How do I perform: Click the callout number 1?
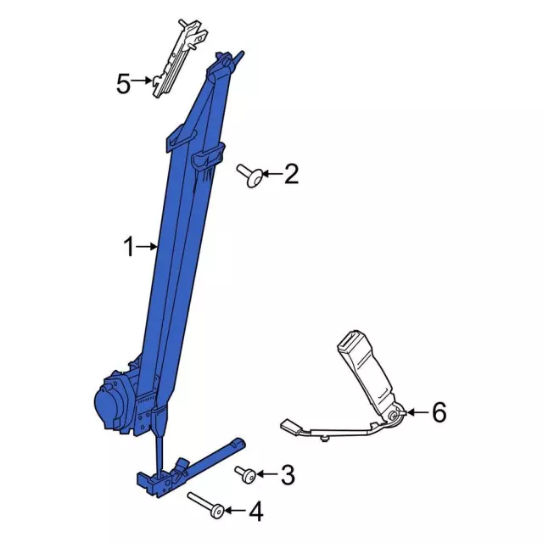pyautogui.click(x=129, y=247)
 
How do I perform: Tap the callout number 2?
pyautogui.click(x=291, y=174)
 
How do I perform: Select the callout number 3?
pyautogui.click(x=288, y=475)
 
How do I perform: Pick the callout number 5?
pyautogui.click(x=124, y=83)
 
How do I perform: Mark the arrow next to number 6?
pyautogui.click(x=416, y=412)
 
